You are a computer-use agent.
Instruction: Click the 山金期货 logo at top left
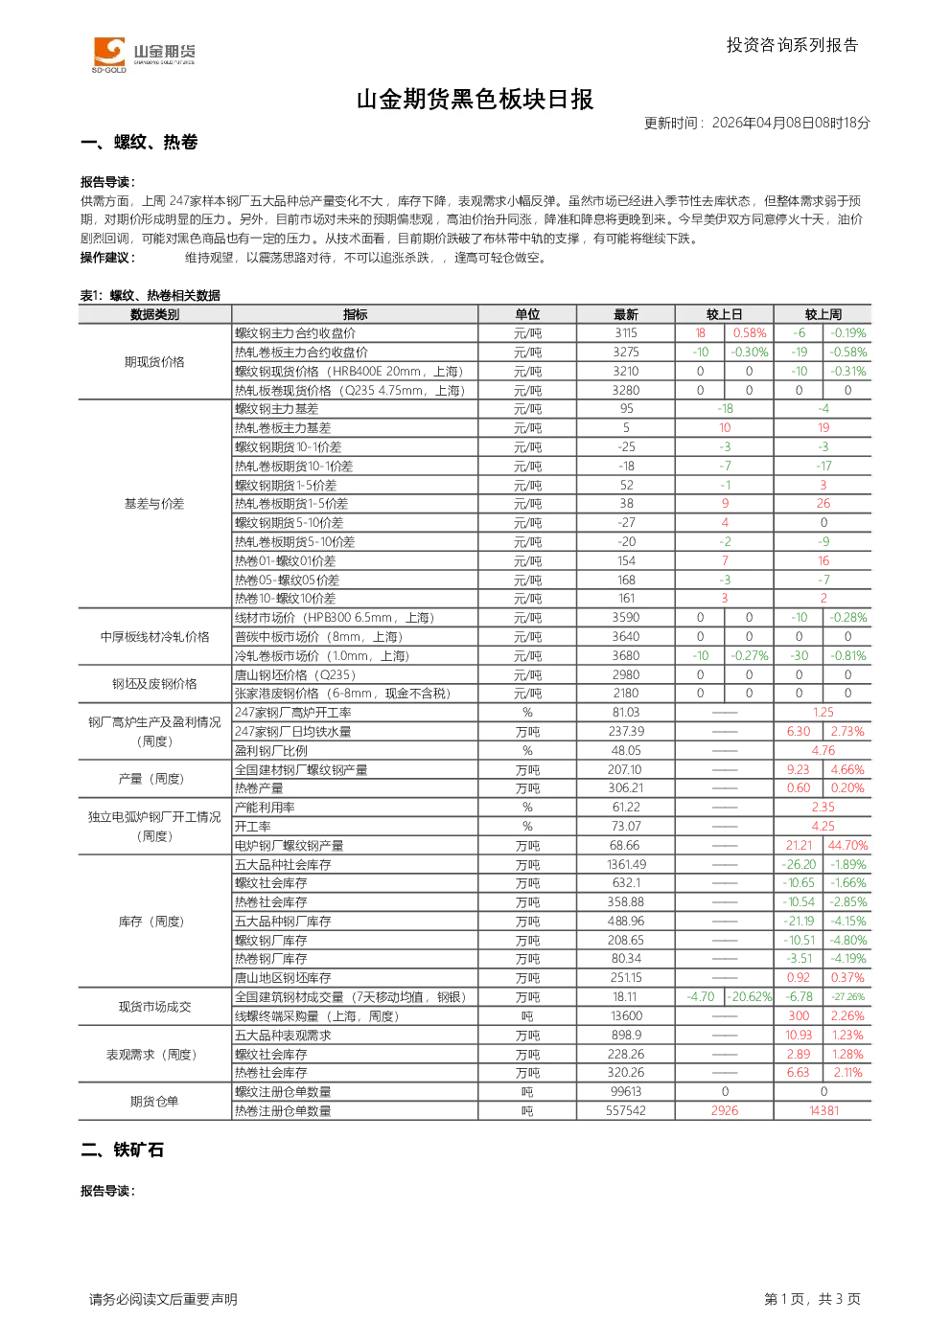coord(144,55)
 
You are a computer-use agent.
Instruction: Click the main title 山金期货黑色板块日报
coord(475,100)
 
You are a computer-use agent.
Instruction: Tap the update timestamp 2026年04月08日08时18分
coord(791,123)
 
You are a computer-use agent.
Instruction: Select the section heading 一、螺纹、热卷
coord(139,142)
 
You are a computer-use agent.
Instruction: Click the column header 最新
coord(626,314)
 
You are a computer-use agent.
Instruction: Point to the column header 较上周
coord(823,314)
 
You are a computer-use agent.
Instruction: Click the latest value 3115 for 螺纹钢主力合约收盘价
coord(626,333)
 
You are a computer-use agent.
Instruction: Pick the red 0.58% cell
coord(750,333)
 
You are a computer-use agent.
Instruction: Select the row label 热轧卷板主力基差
coord(283,428)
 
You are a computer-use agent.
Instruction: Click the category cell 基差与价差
coord(154,504)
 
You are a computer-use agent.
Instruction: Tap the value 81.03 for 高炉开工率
coord(626,712)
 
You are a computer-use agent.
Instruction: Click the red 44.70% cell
coord(847,846)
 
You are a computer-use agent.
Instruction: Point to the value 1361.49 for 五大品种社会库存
coord(626,865)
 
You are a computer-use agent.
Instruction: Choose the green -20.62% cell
coord(750,996)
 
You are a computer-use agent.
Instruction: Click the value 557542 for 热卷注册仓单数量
coord(626,1110)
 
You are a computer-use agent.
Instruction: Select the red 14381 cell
coord(823,1110)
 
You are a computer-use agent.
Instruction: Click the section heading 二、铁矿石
coord(123,1150)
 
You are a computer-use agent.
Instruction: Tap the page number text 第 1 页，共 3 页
coord(812,1299)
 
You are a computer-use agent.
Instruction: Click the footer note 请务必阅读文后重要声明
coord(163,1300)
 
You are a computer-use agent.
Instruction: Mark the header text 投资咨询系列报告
coord(793,45)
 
